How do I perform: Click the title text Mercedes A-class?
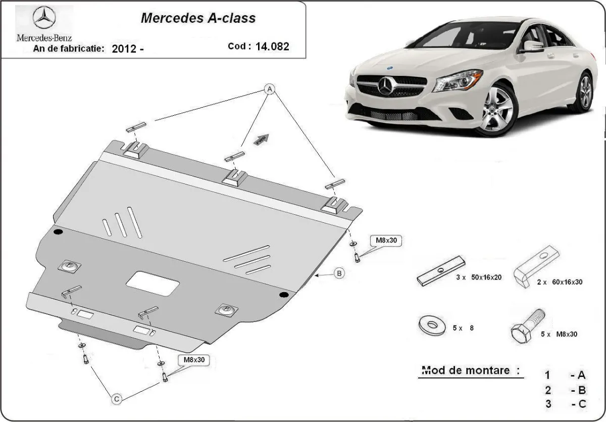click(197, 18)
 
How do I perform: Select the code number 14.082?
click(273, 46)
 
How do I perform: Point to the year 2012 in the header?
click(123, 49)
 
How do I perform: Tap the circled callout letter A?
click(270, 89)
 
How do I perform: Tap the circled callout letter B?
click(339, 273)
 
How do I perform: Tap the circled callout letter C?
click(116, 399)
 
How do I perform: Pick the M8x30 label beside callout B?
click(386, 241)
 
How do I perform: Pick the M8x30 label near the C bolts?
click(193, 360)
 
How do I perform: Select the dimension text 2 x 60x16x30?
click(560, 282)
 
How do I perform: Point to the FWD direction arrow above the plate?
click(262, 139)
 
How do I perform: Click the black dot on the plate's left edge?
click(58, 232)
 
